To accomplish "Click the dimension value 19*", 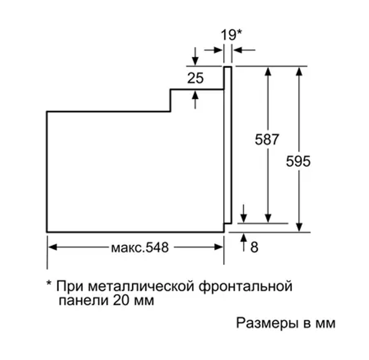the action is pos(231,35).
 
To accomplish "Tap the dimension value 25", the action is pos(195,78).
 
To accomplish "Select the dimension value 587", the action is pos(267,139).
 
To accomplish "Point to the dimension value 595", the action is pos(298,161).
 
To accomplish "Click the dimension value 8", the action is pos(254,247).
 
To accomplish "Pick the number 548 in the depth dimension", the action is pos(157,247).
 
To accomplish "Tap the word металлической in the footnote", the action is pos(141,287).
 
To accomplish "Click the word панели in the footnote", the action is pos(84,301).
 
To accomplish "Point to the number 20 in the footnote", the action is pos(121,300).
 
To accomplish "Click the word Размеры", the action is pos(266,324).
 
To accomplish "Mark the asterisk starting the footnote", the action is pos(49,283).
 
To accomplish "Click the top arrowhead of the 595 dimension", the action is pos(299,71).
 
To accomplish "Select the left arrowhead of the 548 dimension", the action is pos(52,247).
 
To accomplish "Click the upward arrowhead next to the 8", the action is pos(244,237).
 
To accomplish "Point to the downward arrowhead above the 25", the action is pos(195,61).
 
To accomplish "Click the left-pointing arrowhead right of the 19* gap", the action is pos(238,50).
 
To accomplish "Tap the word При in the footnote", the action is pos(70,286).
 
